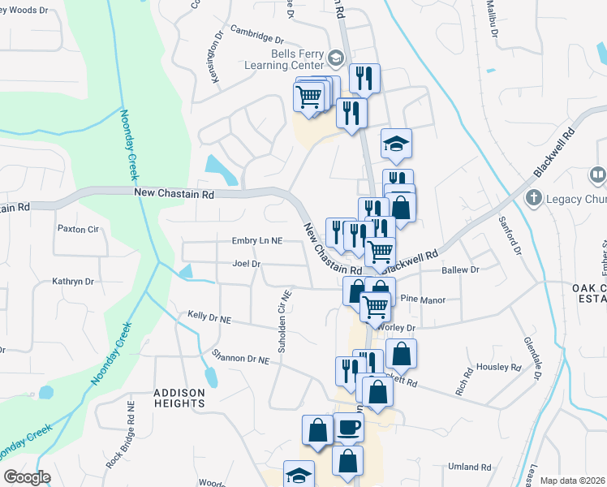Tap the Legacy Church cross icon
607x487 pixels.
(534, 197)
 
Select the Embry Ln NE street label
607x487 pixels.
(256, 241)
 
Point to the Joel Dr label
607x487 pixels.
(246, 264)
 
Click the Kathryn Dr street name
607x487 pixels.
(73, 282)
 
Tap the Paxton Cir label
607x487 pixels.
(77, 229)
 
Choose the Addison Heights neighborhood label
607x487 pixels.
(179, 398)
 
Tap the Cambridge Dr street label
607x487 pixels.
(256, 37)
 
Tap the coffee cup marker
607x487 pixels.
(349, 427)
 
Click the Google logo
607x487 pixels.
(27, 477)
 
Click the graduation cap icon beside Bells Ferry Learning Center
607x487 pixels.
(336, 58)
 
